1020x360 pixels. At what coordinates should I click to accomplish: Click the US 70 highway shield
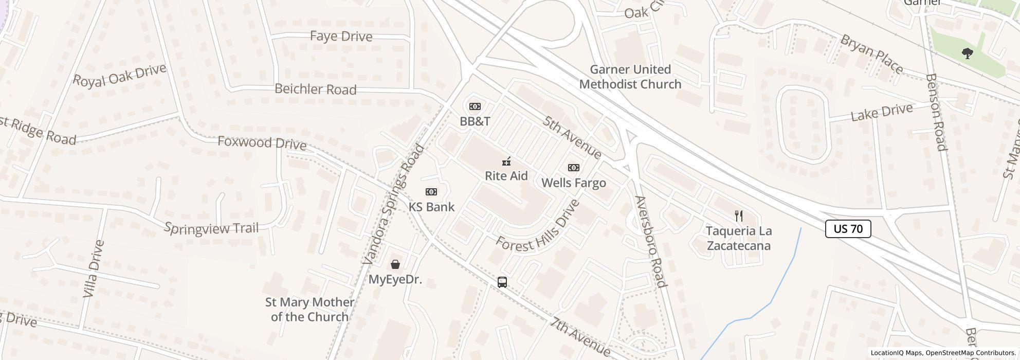click(848, 228)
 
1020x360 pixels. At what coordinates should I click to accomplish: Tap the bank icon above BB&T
click(475, 106)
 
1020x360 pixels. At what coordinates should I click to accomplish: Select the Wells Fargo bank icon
click(574, 168)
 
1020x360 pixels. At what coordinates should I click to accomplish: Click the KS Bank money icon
click(431, 192)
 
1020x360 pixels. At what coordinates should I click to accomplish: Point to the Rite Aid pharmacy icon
click(506, 161)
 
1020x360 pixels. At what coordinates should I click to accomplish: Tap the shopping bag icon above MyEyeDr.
click(395, 264)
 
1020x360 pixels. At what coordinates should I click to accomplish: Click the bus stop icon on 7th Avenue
click(502, 282)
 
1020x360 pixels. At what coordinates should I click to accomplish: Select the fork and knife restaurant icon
click(739, 215)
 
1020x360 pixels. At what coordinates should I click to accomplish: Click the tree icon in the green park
click(968, 53)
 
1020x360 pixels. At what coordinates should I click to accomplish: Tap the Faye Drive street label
click(341, 37)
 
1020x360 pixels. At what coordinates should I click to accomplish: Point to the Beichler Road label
click(315, 89)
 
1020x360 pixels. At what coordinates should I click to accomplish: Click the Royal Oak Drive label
click(120, 75)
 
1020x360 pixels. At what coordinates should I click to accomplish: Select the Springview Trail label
click(211, 228)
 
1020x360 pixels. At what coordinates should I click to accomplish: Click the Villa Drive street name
click(94, 268)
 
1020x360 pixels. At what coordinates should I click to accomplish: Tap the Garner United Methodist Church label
click(630, 77)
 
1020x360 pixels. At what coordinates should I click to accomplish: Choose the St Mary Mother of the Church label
click(309, 310)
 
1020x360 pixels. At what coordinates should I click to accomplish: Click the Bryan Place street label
click(871, 53)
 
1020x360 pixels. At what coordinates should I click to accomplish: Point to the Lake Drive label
click(882, 112)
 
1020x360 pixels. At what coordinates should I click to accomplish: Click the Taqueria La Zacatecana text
click(739, 238)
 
